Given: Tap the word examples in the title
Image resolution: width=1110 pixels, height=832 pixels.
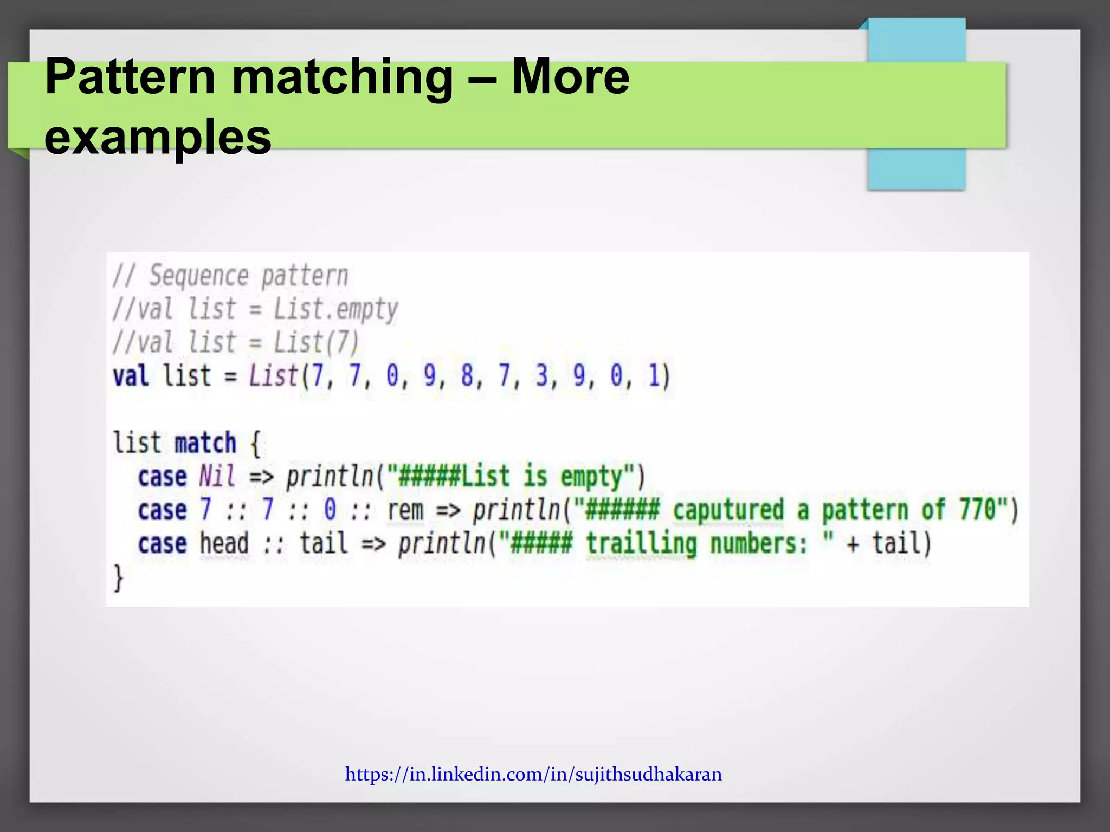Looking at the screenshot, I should point(157,136).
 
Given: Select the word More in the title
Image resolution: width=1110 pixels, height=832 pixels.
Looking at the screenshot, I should point(570,77).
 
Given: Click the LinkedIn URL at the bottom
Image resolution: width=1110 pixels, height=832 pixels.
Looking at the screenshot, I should point(533,774).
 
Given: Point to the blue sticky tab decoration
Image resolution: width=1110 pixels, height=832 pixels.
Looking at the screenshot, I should point(916,168).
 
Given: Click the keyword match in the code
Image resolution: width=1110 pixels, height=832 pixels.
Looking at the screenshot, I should point(205,443).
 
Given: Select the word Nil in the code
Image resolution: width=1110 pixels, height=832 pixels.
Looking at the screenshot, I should point(217,477).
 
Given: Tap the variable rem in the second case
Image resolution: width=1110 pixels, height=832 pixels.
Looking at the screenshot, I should point(405,510).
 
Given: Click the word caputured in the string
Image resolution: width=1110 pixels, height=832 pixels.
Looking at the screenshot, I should point(728,510).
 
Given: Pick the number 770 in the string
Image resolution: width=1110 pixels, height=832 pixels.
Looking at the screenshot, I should point(978,509).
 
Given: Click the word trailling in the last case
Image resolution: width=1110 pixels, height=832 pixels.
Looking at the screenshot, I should point(641,544).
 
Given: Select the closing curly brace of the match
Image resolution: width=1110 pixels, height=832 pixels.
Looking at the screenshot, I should point(118,577).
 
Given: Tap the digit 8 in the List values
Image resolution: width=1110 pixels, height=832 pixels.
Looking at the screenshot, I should point(467,375).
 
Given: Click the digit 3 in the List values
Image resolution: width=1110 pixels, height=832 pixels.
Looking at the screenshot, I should point(541,375).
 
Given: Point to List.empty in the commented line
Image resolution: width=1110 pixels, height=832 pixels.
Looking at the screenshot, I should point(335,309).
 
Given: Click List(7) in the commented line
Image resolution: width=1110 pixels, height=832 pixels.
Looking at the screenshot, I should point(316,342).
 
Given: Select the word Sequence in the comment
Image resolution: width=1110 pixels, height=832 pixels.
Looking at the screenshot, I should point(198,276).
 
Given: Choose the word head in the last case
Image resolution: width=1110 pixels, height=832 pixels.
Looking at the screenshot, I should point(224,543).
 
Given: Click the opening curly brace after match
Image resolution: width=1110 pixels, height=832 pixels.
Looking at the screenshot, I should point(256,443).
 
